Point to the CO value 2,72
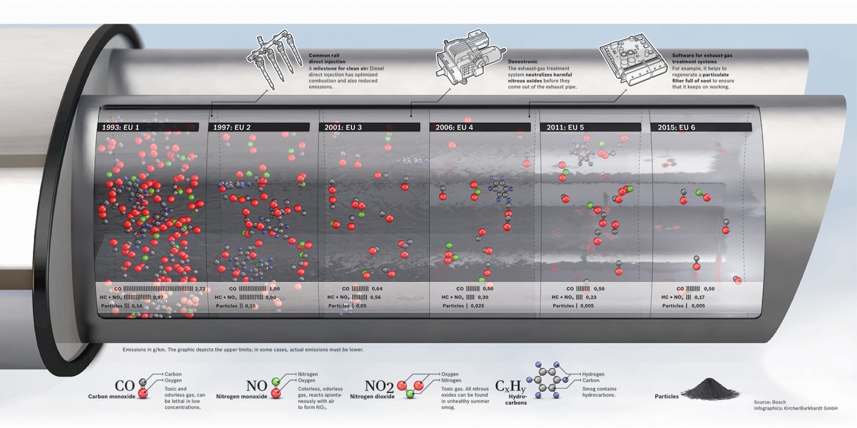(x=200, y=289)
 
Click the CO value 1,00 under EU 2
(x=274, y=289)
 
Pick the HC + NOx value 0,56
(x=375, y=297)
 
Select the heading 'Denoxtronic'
(x=524, y=62)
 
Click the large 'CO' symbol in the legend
(x=125, y=386)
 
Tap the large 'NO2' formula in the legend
(x=379, y=386)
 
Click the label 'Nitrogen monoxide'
(x=242, y=397)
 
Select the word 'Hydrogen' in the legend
(x=593, y=374)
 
